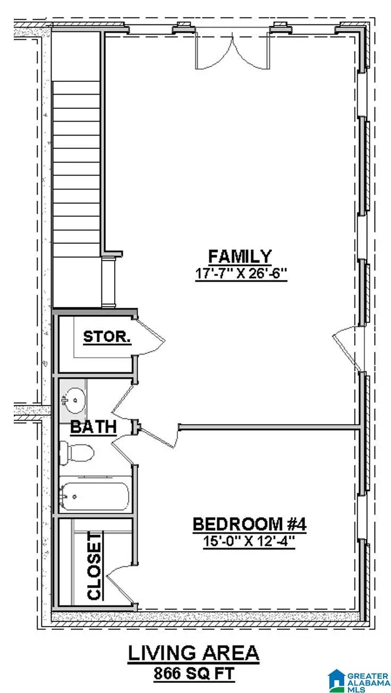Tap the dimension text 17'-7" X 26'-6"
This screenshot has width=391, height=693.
[x=241, y=276]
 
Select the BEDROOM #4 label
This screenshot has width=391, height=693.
[x=249, y=525]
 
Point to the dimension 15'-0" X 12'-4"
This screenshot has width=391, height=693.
[x=249, y=543]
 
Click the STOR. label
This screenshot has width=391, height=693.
[x=107, y=337]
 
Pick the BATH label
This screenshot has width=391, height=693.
[x=93, y=427]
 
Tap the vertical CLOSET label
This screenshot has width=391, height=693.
[x=94, y=567]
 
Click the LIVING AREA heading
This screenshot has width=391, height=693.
[x=193, y=654]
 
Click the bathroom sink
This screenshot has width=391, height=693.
[x=74, y=399]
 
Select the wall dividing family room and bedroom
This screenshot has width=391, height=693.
[x=268, y=426]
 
